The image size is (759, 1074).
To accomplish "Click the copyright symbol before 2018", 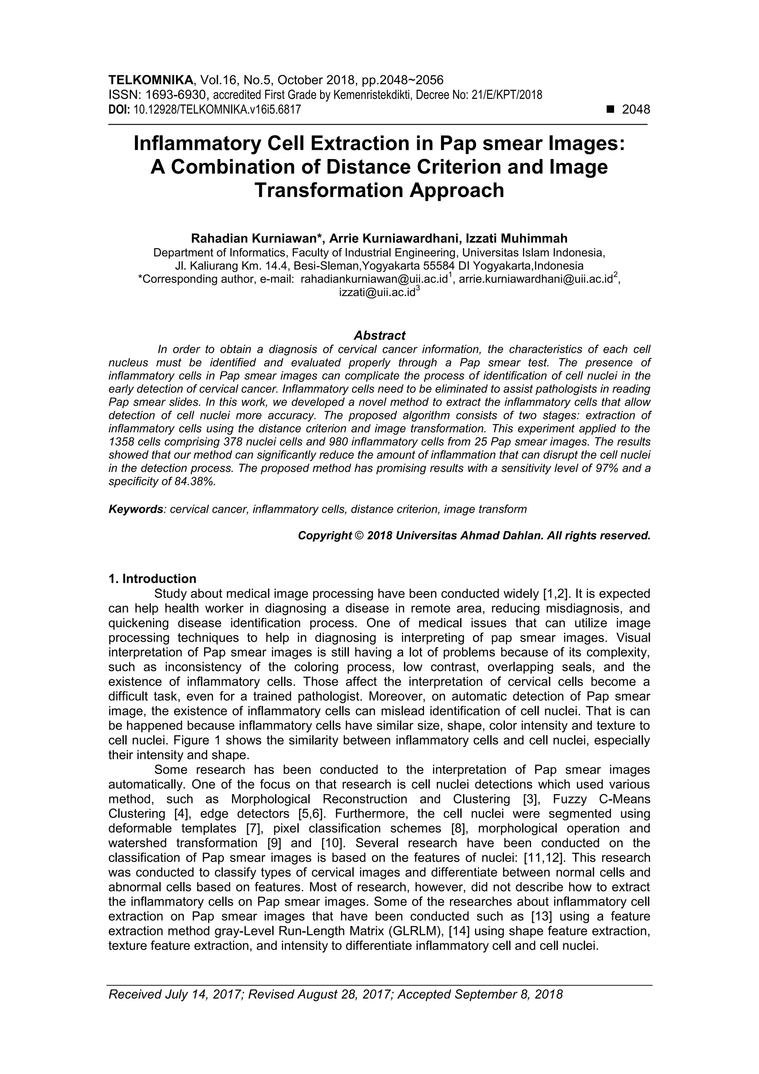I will pos(359,535).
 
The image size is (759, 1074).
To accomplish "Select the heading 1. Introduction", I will pos(152,579).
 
